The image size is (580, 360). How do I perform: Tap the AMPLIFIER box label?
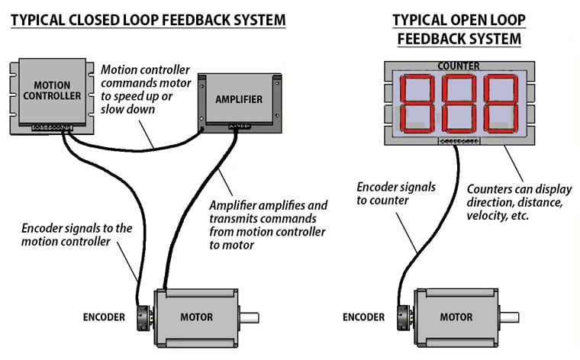[x=239, y=99]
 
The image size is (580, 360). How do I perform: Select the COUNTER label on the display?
[x=458, y=66]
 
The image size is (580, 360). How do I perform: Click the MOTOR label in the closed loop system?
[x=196, y=317]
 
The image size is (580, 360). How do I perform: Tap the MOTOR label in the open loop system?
[x=456, y=317]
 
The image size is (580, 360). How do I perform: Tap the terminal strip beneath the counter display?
[x=458, y=141]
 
